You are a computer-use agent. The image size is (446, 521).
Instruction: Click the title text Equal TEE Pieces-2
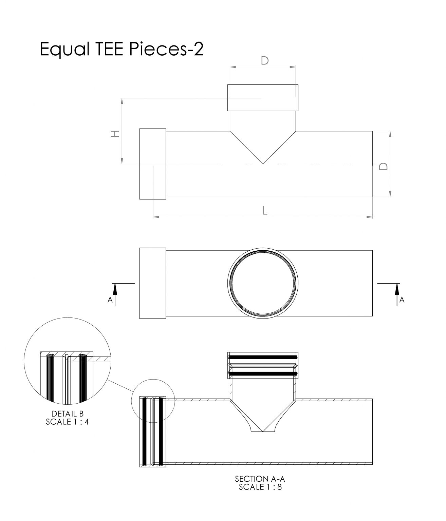click(122, 50)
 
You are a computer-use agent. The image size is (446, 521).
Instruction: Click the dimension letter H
click(115, 134)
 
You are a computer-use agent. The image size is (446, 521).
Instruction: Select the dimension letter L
click(265, 211)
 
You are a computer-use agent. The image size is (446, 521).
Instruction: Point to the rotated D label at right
click(383, 166)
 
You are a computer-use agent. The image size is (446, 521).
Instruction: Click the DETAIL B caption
click(67, 414)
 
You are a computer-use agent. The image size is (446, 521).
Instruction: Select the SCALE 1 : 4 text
click(67, 422)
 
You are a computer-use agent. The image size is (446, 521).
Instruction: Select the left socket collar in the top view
click(153, 164)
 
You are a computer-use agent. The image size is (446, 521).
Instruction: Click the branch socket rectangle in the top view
click(263, 98)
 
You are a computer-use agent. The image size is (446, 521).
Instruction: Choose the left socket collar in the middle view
click(153, 283)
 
